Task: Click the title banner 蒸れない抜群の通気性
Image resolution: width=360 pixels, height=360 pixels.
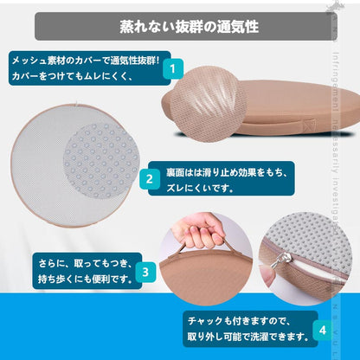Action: pos(180,25)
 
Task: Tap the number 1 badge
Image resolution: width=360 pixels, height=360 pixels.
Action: pos(172,68)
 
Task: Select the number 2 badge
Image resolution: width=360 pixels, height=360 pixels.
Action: pos(149,180)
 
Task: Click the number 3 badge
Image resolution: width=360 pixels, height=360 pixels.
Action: pos(145,271)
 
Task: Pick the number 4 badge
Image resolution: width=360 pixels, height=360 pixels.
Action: pos(322,329)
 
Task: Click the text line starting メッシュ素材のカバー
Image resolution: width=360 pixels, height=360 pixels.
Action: pos(83,61)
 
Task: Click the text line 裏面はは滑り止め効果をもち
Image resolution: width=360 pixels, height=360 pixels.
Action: pos(221,172)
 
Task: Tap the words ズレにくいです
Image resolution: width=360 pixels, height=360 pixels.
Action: pos(199,190)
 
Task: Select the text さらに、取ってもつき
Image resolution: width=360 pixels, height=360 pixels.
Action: pos(77,261)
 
